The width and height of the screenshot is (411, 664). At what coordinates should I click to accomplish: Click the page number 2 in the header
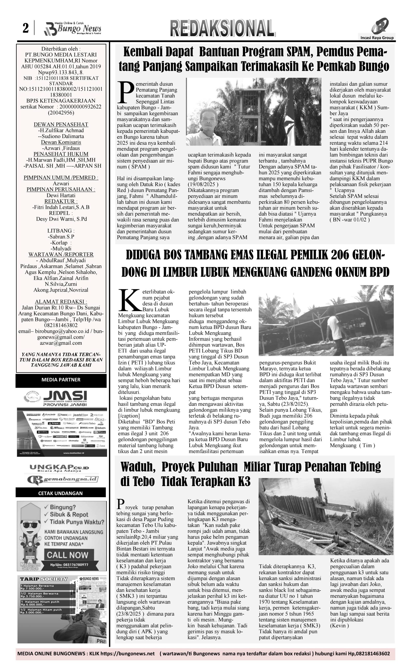tap(26, 28)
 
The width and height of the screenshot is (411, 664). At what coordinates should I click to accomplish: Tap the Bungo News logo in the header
tap(73, 29)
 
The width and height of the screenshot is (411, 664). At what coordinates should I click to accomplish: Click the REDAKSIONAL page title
tap(222, 28)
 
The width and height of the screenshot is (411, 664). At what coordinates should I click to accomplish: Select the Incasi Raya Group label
tap(377, 38)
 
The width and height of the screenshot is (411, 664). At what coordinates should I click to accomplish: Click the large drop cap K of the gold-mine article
tap(129, 300)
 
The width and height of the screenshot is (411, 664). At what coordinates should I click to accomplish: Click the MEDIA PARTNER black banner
tap(61, 379)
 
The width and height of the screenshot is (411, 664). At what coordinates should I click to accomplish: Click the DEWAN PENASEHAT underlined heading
tap(61, 124)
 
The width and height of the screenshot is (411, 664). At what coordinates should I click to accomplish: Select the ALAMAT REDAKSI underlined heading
tap(61, 302)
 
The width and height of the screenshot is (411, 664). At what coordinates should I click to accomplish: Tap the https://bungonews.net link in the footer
tap(127, 653)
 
